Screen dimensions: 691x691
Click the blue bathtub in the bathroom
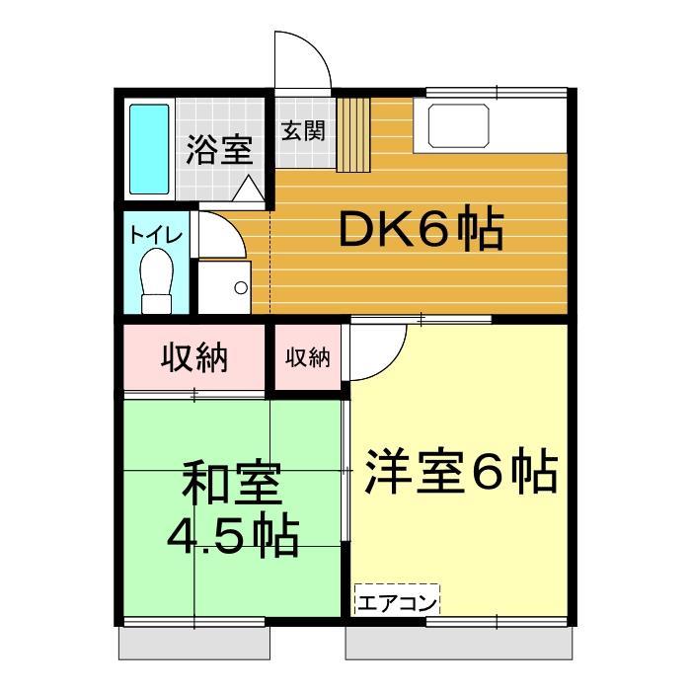(x=150, y=149)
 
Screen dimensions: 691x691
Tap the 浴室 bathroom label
(x=219, y=151)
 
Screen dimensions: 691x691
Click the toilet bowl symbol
(x=155, y=278)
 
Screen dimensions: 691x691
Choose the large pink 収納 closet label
(x=194, y=357)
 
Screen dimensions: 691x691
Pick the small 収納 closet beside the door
(x=307, y=358)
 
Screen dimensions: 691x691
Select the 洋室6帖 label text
(x=460, y=474)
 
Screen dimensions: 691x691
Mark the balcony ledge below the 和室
(x=195, y=644)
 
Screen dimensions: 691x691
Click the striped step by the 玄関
(x=352, y=134)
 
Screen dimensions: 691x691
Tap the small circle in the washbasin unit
(x=240, y=287)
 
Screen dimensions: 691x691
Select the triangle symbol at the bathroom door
(x=248, y=188)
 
